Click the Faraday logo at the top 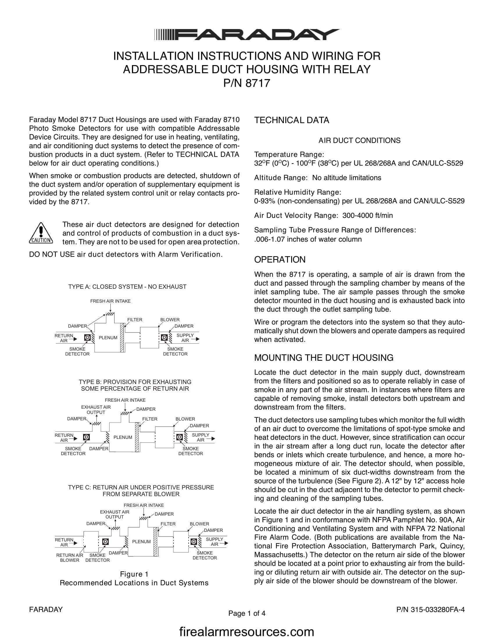click(247, 35)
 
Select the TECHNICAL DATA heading click(291, 120)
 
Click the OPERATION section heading click(280, 259)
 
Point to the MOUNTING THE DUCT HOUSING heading click(324, 358)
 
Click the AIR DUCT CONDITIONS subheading click(359, 141)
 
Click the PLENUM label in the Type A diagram click(108, 338)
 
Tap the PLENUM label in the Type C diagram click(141, 542)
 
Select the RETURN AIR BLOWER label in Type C click(70, 558)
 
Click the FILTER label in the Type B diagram click(150, 419)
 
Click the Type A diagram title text click(127, 287)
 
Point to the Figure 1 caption click(134, 574)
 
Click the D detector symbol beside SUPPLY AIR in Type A click(164, 338)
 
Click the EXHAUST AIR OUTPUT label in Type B click(96, 410)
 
